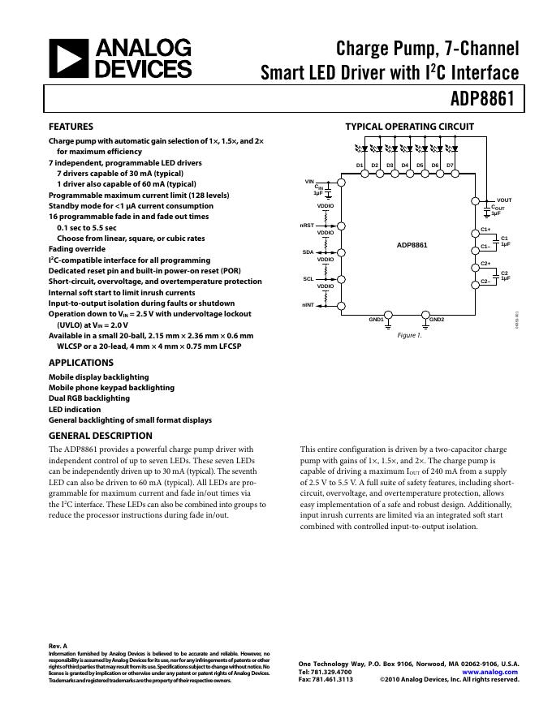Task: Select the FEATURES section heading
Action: [71, 127]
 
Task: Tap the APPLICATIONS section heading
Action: [81, 363]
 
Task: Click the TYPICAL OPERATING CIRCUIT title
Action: [410, 127]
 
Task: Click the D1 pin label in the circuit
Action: [360, 166]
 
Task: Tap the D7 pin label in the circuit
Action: [450, 166]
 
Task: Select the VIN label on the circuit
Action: [309, 181]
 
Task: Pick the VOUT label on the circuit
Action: [504, 200]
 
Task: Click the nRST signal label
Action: [306, 225]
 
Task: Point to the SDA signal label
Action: [308, 252]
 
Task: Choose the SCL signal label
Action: [308, 279]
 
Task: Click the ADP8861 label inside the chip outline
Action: [412, 244]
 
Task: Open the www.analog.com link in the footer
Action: [489, 672]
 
